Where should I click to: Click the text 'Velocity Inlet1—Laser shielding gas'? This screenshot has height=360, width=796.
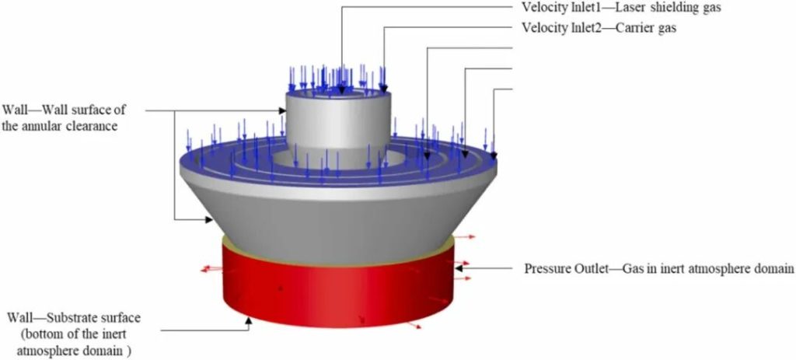point(621,8)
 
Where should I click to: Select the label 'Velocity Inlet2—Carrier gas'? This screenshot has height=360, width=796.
point(599,29)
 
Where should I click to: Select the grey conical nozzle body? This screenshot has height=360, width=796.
point(339,213)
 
